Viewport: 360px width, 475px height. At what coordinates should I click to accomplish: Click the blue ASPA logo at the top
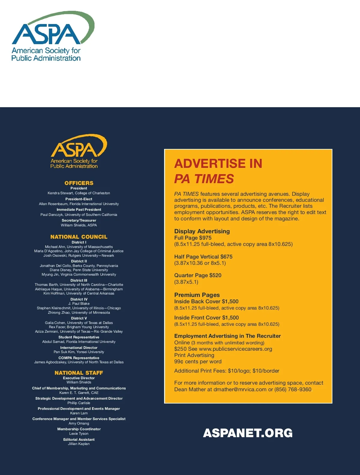(x=51, y=36)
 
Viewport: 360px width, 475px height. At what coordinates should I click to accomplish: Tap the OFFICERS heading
(x=79, y=183)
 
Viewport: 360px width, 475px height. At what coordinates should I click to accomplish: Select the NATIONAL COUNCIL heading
(x=79, y=237)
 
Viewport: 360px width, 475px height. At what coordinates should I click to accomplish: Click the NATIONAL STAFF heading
(x=79, y=373)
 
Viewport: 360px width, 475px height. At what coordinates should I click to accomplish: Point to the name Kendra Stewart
(x=60, y=193)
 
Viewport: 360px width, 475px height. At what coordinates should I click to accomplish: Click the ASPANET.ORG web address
(x=248, y=433)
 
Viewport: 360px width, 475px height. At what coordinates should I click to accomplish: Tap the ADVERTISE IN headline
(x=218, y=164)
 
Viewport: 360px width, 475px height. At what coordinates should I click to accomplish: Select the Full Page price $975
(x=205, y=238)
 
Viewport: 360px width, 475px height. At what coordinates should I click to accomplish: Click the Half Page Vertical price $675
(x=226, y=257)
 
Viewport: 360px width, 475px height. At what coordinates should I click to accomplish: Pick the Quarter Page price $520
(x=215, y=275)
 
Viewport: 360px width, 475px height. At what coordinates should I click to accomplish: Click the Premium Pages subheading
(x=197, y=295)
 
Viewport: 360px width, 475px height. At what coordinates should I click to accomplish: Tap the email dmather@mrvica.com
(x=240, y=389)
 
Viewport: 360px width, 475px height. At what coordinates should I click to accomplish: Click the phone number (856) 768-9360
(x=293, y=389)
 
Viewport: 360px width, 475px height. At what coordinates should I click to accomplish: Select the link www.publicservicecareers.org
(x=235, y=349)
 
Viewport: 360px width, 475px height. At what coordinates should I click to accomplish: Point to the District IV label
(x=79, y=299)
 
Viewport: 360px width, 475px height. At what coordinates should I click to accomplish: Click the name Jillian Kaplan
(x=79, y=444)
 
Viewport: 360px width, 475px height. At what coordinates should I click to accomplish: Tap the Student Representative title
(x=79, y=337)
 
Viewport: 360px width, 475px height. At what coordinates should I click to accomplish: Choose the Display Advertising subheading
(x=202, y=231)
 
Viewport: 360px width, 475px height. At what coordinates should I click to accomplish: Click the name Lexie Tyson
(x=79, y=434)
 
